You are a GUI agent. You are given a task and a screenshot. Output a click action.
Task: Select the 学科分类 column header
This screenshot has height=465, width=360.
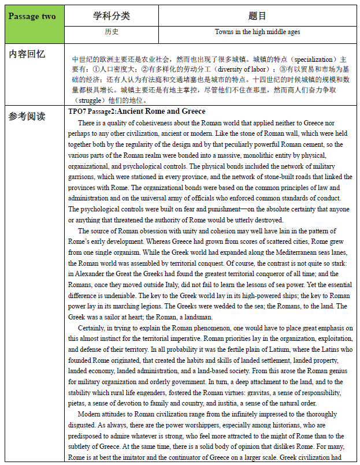pos(112,16)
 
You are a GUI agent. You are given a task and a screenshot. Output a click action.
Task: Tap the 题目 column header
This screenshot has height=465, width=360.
pos(257,16)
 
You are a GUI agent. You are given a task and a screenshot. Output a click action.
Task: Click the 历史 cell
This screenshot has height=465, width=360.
pos(112,32)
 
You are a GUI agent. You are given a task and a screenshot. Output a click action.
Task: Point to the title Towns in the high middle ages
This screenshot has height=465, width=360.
pos(257,32)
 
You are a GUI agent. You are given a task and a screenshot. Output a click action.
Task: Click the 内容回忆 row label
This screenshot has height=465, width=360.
pos(28,54)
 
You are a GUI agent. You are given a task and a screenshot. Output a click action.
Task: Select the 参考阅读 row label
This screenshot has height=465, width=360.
pos(28,116)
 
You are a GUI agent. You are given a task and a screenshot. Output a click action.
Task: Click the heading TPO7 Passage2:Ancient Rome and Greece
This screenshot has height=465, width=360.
pos(136,111)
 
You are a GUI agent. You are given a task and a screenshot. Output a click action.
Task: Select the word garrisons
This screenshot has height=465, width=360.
pos(84,177)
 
